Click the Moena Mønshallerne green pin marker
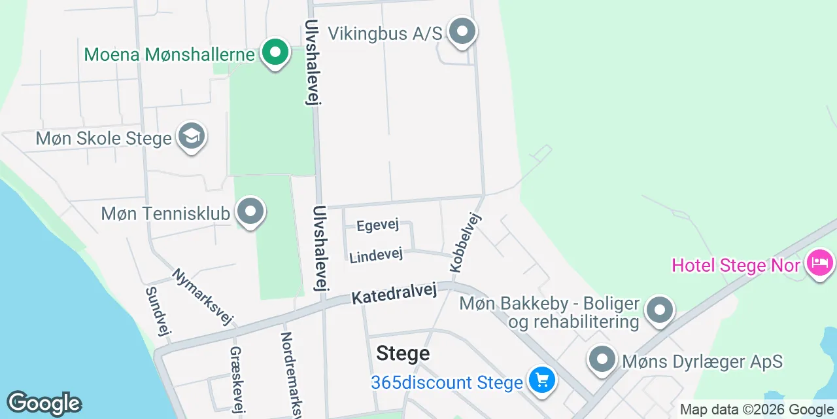(x=275, y=52)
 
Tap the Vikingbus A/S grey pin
(x=462, y=31)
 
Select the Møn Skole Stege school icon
(x=191, y=136)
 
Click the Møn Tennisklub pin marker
(x=250, y=212)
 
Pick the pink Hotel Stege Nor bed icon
(x=820, y=264)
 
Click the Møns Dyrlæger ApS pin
(x=602, y=359)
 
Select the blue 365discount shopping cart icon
(x=541, y=380)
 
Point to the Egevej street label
(x=377, y=225)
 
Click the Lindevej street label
(x=376, y=256)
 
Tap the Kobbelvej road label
(x=465, y=243)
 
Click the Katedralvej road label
(x=394, y=293)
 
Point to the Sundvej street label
(x=158, y=312)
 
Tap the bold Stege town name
(x=403, y=354)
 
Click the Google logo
(x=44, y=404)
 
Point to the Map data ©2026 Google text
(x=756, y=410)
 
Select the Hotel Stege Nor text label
(x=736, y=265)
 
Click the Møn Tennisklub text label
(x=165, y=213)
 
